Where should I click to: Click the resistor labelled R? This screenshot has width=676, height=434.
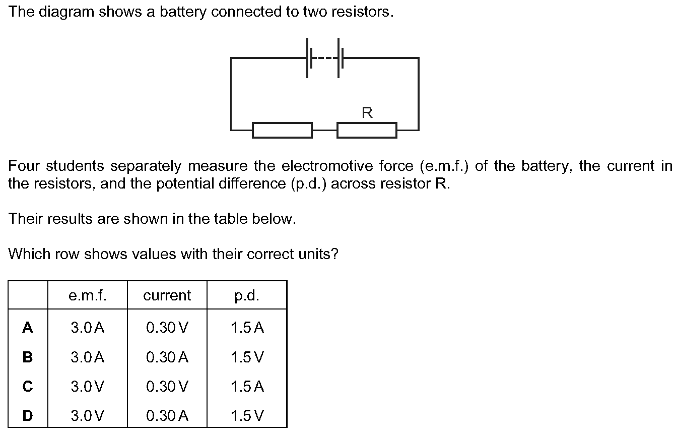pos(367,130)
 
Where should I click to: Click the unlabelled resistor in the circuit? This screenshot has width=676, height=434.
pos(282,130)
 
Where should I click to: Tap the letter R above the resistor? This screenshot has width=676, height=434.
pos(367,112)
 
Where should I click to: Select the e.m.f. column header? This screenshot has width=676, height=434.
pos(88,295)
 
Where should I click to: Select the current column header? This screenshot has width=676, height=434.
pos(167,295)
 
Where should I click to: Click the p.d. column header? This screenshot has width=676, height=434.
pos(247,296)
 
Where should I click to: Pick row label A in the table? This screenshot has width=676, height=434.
pos(28,327)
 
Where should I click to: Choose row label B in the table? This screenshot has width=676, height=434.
pos(28,357)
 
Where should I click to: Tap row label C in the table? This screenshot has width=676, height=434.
pos(28,386)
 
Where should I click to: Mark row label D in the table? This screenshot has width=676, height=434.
pos(28,415)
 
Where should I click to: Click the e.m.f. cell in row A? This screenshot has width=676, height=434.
pos(88,327)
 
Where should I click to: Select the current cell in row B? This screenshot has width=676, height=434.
pos(167,357)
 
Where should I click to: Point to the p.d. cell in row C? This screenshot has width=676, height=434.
pos(247,386)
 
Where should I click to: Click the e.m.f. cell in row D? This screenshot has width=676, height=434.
pos(88,415)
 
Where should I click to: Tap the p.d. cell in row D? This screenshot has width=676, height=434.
pos(247,415)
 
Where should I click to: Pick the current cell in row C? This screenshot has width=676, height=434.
pos(167,386)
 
